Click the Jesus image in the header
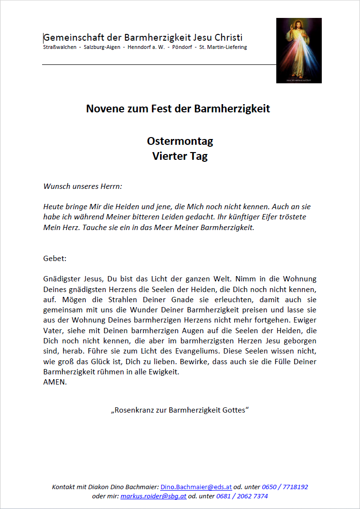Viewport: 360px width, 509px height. pyautogui.click(x=299, y=50)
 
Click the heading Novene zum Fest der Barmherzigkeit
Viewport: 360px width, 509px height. pyautogui.click(x=178, y=108)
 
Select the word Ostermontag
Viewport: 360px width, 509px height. pyautogui.click(x=180, y=141)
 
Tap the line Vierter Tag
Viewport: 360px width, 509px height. pyautogui.click(x=180, y=156)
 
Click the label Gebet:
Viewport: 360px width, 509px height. pyautogui.click(x=55, y=259)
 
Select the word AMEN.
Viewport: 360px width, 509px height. pyautogui.click(x=55, y=382)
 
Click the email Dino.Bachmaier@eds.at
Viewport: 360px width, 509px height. pyautogui.click(x=196, y=487)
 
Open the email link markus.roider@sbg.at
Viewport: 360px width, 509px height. pyautogui.click(x=153, y=496)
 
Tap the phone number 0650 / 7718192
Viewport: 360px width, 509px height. pyautogui.click(x=285, y=487)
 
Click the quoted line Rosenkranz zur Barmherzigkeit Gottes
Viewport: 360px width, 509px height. pyautogui.click(x=180, y=410)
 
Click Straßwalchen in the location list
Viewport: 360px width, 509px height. pyautogui.click(x=59, y=47)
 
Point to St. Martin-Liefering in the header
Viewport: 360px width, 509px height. pyautogui.click(x=226, y=47)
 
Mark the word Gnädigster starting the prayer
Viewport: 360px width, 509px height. pyautogui.click(x=62, y=279)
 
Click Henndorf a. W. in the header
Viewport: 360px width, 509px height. pyautogui.click(x=147, y=47)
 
